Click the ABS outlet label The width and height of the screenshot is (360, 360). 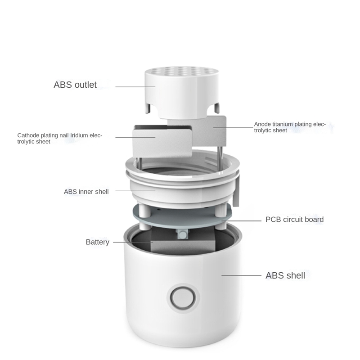(75, 85)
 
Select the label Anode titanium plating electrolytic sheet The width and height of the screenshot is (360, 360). (289, 127)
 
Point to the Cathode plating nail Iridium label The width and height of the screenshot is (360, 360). (60, 138)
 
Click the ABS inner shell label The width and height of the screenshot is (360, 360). (86, 192)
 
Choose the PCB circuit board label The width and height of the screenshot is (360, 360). (294, 220)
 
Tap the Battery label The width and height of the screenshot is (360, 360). (98, 242)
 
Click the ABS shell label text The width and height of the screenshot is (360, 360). (285, 275)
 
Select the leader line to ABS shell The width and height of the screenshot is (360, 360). (241, 275)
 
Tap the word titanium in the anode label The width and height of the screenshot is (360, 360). (282, 124)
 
